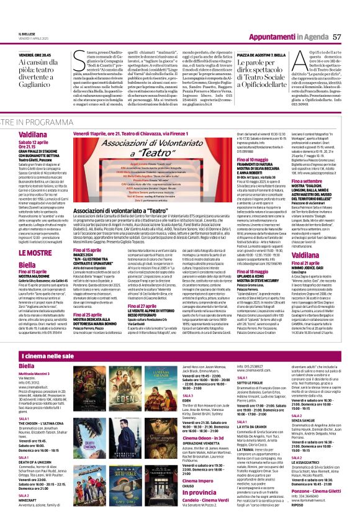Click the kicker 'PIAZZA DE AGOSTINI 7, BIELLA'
[x=245, y=55]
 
